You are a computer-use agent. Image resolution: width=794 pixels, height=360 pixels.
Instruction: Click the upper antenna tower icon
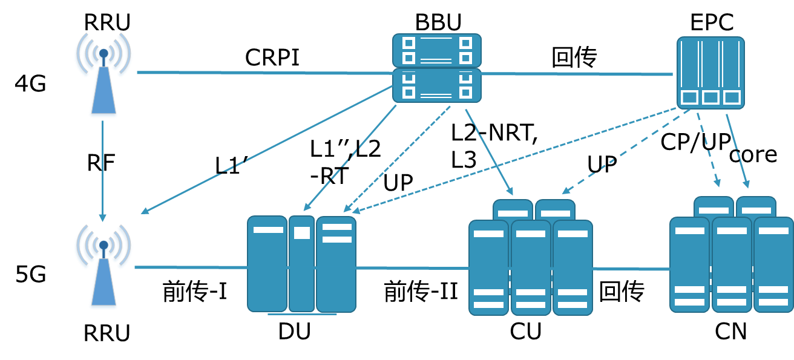click(103, 76)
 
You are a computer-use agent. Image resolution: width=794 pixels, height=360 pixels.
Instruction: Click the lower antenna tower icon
click(103, 267)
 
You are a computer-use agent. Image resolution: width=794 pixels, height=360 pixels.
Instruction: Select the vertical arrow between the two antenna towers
click(102, 169)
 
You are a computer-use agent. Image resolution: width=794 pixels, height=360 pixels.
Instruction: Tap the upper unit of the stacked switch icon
click(436, 50)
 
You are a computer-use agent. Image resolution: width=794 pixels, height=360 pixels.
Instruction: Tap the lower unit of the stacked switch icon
click(436, 85)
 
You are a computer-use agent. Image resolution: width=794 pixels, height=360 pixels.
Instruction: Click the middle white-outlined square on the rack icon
click(710, 97)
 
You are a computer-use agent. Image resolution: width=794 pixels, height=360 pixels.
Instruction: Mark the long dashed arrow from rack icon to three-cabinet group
click(514, 160)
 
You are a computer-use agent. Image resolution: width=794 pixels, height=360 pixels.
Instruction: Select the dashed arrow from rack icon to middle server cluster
click(626, 151)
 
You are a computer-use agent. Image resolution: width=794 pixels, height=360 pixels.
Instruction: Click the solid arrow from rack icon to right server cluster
click(738, 151)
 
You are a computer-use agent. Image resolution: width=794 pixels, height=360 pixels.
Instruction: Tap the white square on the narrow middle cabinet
click(301, 233)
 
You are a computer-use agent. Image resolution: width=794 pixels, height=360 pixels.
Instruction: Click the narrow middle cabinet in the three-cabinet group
click(301, 272)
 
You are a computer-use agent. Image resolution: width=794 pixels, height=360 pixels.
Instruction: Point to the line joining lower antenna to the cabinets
click(191, 267)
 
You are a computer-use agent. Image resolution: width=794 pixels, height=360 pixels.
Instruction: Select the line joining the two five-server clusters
click(631, 269)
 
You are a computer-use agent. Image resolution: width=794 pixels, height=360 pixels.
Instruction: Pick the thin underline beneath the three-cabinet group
click(302, 314)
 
